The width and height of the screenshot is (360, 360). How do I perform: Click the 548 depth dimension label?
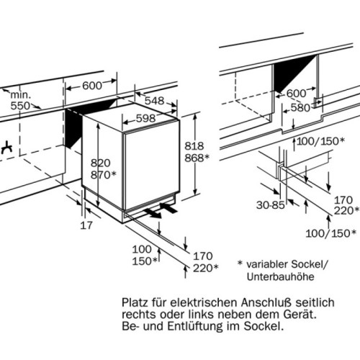tap(154, 101)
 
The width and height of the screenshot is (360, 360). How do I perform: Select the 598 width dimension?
tap(145, 118)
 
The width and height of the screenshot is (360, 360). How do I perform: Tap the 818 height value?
tap(194, 146)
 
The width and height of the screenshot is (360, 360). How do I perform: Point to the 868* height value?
tap(197, 158)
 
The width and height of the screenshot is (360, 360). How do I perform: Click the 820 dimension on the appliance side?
tap(100, 163)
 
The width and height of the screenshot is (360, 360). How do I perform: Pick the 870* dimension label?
tap(103, 175)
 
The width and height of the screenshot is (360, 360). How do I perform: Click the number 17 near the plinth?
tap(86, 225)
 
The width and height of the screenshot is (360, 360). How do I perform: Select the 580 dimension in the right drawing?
tap(300, 108)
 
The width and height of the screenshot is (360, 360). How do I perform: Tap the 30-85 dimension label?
tap(271, 205)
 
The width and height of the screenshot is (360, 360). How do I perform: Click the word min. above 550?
tap(21, 95)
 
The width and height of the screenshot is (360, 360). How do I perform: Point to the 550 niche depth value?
tap(20, 106)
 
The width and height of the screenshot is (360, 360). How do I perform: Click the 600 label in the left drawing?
tap(92, 86)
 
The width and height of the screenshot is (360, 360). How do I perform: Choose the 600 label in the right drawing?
tap(297, 94)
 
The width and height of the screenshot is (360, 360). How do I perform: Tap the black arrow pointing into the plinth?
tap(168, 208)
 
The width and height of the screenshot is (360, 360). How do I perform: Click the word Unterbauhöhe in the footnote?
tap(280, 276)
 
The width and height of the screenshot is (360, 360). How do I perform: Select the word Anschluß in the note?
tap(266, 302)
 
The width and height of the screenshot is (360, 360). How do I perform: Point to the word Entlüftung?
tap(195, 326)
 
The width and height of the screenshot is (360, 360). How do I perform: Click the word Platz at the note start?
tap(135, 302)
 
